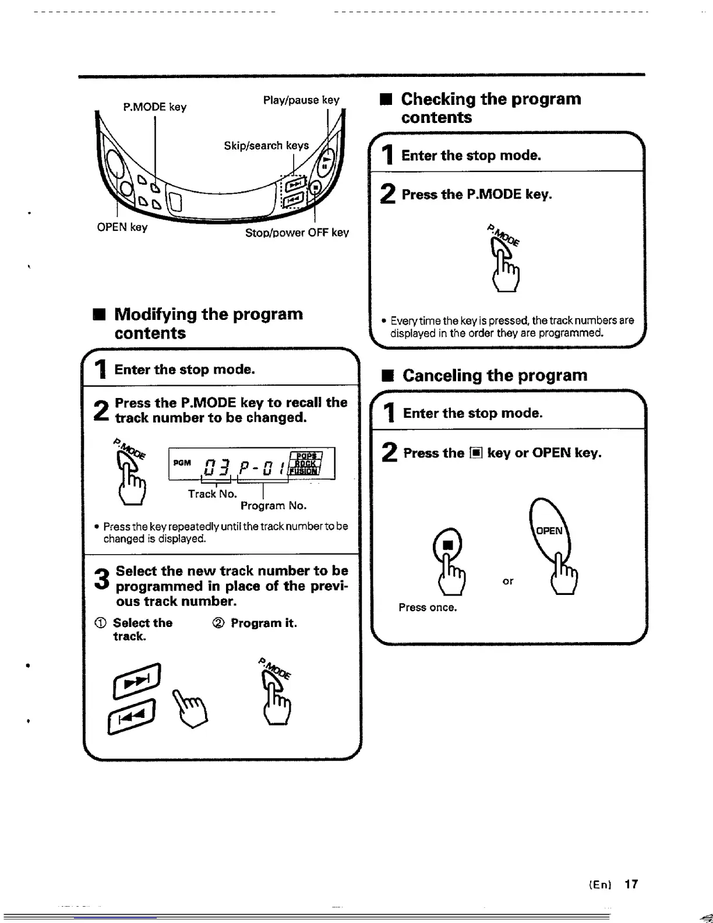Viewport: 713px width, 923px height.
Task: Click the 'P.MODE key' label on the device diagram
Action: pos(154,107)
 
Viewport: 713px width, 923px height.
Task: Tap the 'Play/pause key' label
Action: pos(301,100)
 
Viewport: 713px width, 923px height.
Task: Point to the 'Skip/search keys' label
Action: pos(266,145)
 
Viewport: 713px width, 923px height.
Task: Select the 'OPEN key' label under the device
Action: pos(122,227)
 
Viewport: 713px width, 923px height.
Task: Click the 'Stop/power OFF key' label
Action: pos(297,232)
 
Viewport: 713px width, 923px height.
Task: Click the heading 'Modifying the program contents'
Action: pos(209,323)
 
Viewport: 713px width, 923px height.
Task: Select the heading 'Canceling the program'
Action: pos(495,375)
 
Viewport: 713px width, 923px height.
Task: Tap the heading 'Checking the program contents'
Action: pos(490,108)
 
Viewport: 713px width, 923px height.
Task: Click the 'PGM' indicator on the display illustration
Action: pos(182,462)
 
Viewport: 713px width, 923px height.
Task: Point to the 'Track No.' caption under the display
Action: pos(212,494)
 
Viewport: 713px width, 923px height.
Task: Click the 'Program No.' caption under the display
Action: pos(273,505)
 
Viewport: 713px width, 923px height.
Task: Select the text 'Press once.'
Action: pos(428,607)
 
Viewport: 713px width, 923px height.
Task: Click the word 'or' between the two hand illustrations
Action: pos(508,581)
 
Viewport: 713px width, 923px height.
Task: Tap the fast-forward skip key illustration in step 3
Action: pos(137,679)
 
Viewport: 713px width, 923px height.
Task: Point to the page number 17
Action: pos(631,884)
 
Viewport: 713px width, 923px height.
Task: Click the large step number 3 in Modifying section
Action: pos(101,579)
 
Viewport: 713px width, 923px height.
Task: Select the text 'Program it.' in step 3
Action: pos(263,623)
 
